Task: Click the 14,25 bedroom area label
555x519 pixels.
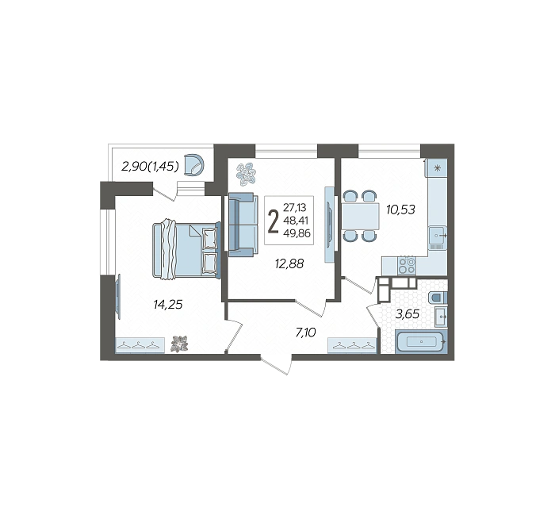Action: click(x=168, y=304)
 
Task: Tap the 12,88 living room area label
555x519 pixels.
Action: click(x=289, y=263)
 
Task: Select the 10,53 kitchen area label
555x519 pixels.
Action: click(x=400, y=210)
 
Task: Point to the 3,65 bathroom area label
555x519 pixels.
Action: click(x=407, y=314)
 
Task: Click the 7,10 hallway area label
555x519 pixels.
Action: click(x=305, y=333)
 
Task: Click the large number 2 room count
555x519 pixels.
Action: click(x=273, y=221)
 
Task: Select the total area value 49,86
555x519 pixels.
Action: click(x=297, y=233)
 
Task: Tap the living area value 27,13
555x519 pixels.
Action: click(x=294, y=207)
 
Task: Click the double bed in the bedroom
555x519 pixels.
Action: click(x=186, y=249)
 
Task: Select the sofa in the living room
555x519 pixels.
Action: click(x=242, y=225)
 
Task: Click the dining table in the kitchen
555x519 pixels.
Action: click(x=360, y=216)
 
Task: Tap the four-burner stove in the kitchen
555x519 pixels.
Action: click(x=407, y=266)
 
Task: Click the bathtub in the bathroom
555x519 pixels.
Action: click(x=421, y=341)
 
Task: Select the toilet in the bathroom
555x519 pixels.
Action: click(x=438, y=298)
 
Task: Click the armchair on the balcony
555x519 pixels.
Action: click(x=195, y=165)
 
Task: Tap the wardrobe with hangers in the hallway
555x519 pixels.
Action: click(x=353, y=345)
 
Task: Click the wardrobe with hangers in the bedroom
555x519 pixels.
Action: click(x=140, y=345)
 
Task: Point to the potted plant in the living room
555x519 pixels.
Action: click(x=246, y=175)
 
